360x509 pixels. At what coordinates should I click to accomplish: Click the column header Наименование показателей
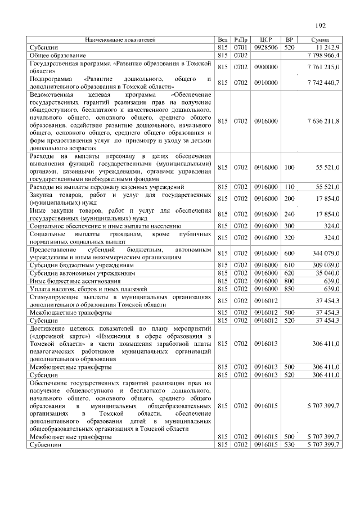point(120,40)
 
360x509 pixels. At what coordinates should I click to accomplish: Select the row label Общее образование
point(58,56)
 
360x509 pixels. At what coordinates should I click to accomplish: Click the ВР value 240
point(289,214)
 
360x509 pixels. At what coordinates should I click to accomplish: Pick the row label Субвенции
point(46,444)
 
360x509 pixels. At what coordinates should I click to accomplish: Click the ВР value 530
point(289,444)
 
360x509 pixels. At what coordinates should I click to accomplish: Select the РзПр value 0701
point(241,48)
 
